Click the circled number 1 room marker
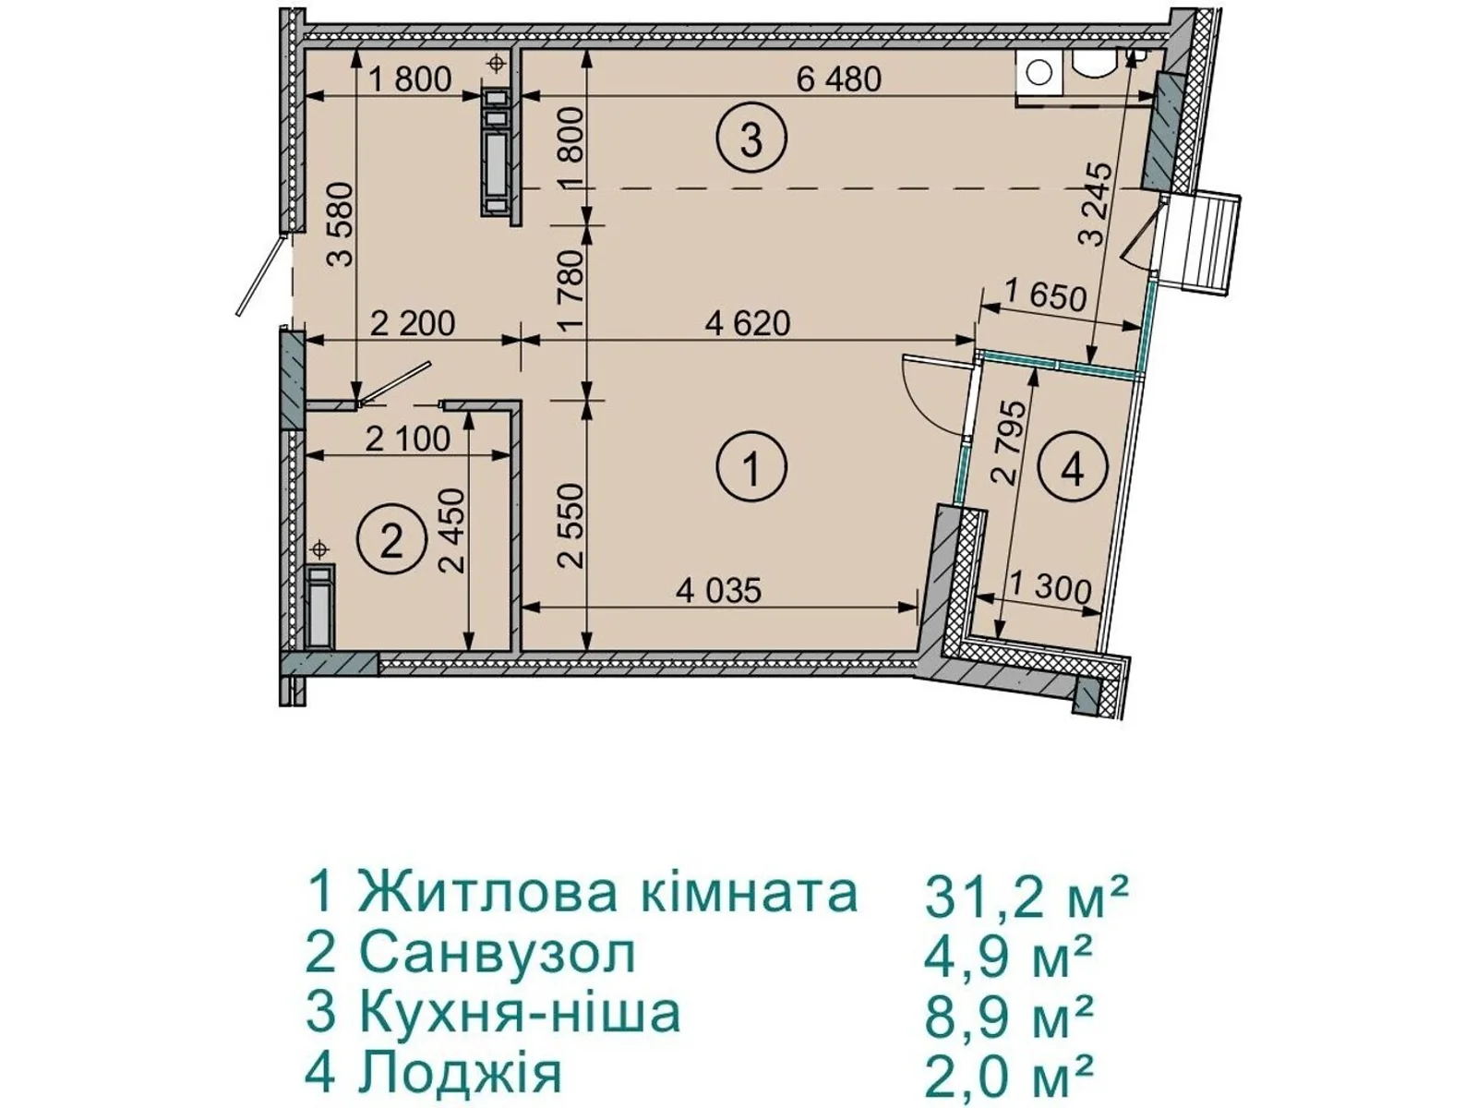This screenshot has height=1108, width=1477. pos(751,468)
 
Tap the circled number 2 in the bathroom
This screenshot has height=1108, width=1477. pos(391,541)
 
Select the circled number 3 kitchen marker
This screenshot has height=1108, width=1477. pos(751,141)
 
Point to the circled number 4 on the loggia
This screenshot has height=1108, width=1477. pos(1072,469)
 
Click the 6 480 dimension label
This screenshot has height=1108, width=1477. pos(838,79)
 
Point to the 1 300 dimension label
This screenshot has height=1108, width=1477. pos(1051,587)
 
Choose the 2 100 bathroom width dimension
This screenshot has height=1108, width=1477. pos(407,439)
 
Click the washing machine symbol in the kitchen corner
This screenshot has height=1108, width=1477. pos(1039,72)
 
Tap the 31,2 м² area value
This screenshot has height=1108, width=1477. pos(1026,897)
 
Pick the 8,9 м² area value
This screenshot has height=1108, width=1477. pos(1008,1016)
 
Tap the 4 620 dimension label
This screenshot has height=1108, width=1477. pos(747,323)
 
